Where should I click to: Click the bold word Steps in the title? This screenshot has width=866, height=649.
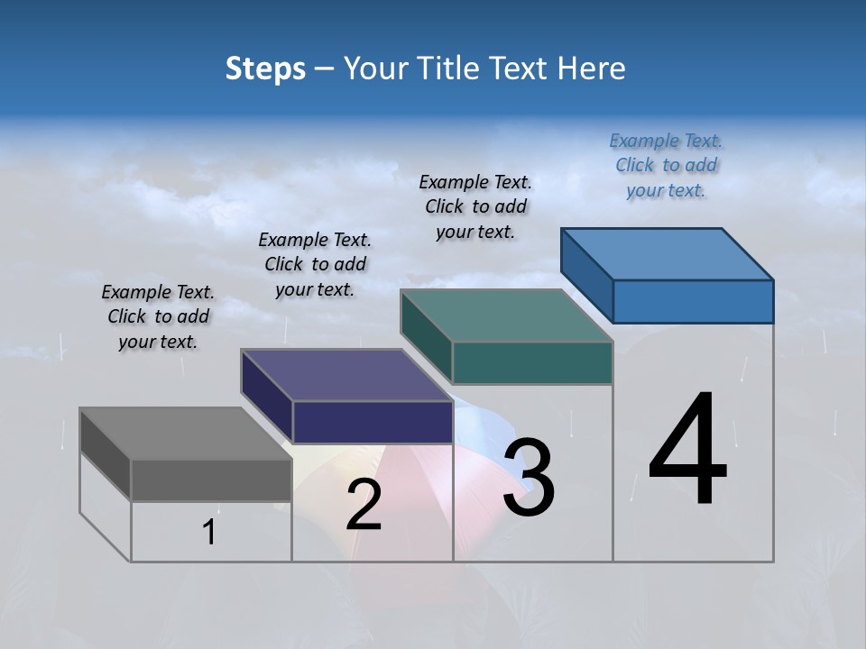pyautogui.click(x=265, y=69)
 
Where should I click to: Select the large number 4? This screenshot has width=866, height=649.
pyautogui.click(x=687, y=451)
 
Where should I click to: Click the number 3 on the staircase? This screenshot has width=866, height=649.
pyautogui.click(x=529, y=478)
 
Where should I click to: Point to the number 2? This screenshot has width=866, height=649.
pyautogui.click(x=364, y=505)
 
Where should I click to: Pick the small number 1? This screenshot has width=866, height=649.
pyautogui.click(x=209, y=533)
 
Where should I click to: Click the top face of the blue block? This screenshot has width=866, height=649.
pyautogui.click(x=668, y=253)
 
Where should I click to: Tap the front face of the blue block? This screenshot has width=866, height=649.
pyautogui.click(x=693, y=301)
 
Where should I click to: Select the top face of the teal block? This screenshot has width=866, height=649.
pyautogui.click(x=507, y=315)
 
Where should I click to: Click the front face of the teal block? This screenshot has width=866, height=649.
pyautogui.click(x=532, y=362)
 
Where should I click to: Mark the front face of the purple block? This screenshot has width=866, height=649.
pyautogui.click(x=373, y=422)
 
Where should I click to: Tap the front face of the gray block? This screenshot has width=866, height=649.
pyautogui.click(x=211, y=480)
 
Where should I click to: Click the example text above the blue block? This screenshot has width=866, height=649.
pyautogui.click(x=666, y=165)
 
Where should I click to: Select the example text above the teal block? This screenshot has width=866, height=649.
pyautogui.click(x=475, y=206)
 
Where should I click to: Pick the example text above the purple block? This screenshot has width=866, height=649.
pyautogui.click(x=315, y=264)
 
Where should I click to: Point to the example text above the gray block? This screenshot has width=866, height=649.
pyautogui.click(x=158, y=316)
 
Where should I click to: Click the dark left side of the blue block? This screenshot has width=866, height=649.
pyautogui.click(x=586, y=275)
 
